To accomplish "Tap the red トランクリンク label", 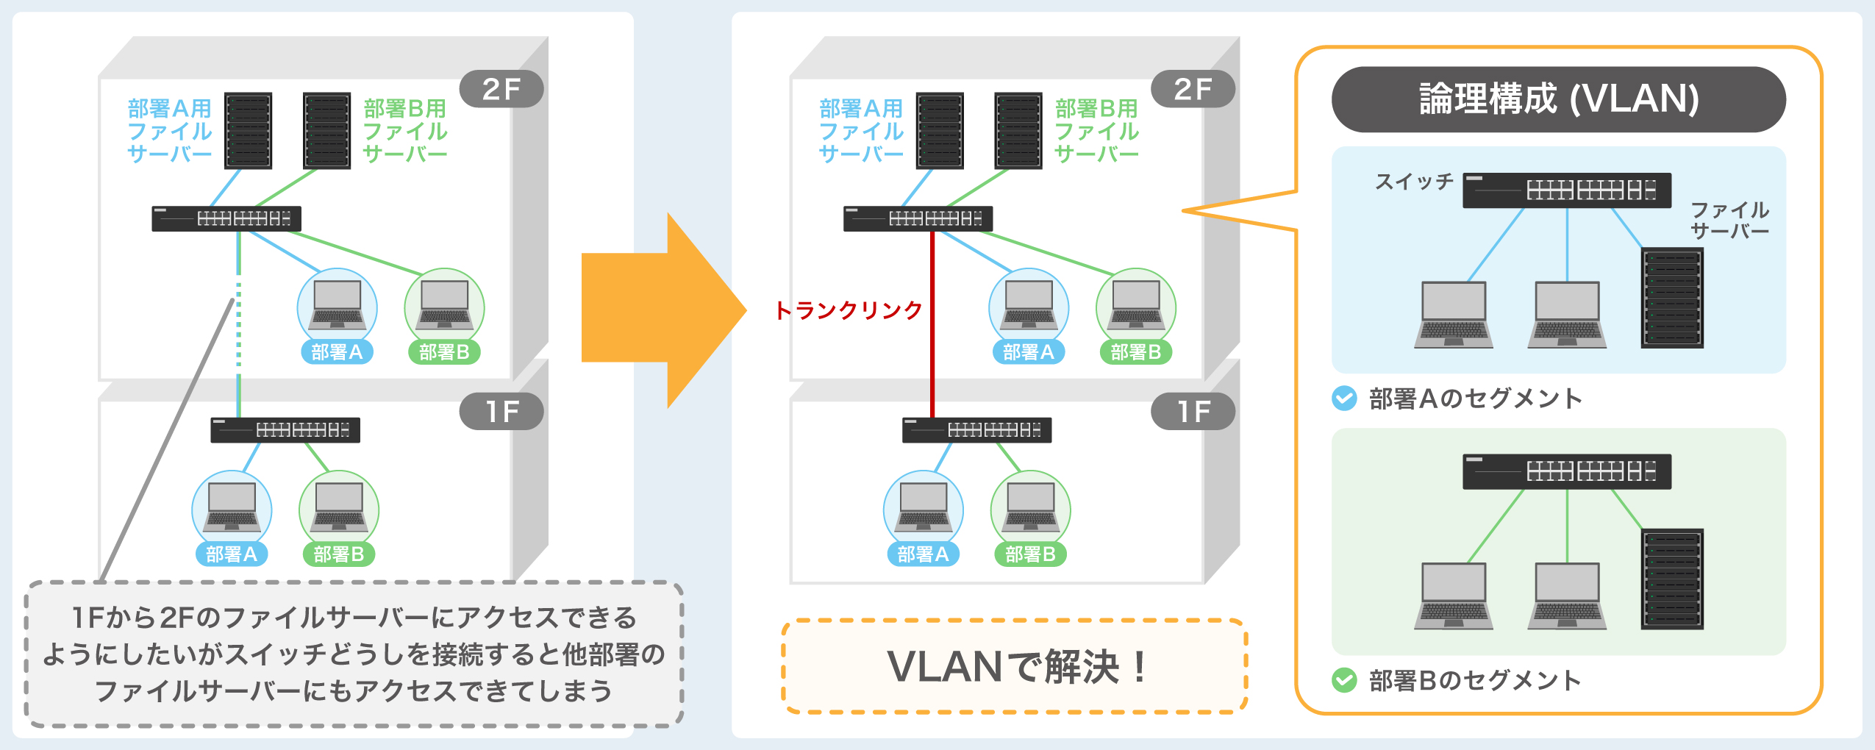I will [849, 310].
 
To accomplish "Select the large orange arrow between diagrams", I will [654, 309].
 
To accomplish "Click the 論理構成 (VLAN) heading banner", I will [1558, 99].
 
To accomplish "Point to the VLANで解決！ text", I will [1015, 666].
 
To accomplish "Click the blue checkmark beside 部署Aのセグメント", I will [1344, 399].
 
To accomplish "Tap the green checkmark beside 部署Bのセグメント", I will [1344, 680].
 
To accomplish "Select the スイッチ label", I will [1414, 182].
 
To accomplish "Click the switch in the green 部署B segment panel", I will [1566, 471].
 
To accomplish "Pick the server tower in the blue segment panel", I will [1672, 298].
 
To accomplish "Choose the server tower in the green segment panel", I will [1672, 579].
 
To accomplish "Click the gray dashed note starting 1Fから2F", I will [354, 654].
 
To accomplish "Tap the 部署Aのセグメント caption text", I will [1475, 399].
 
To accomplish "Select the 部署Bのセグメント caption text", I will [1475, 680].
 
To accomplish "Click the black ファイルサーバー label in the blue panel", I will [1729, 220].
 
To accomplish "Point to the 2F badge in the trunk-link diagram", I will [1193, 89].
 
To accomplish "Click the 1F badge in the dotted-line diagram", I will [501, 411].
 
